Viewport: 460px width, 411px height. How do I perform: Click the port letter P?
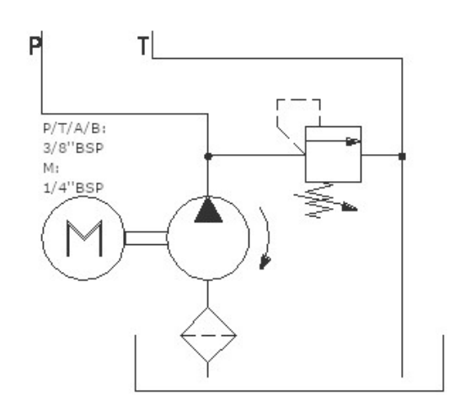click(35, 46)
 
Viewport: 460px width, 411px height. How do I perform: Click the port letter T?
click(143, 45)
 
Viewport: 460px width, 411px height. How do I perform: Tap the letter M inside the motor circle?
click(84, 238)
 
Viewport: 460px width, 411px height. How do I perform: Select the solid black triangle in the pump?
click(208, 211)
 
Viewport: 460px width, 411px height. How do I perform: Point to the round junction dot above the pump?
click(208, 157)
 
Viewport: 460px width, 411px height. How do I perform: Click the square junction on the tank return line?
click(402, 157)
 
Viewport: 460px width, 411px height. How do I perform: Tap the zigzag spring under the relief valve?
click(319, 200)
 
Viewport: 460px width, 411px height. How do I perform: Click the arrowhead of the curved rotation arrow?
click(265, 262)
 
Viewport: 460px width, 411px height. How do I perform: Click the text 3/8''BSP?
click(73, 148)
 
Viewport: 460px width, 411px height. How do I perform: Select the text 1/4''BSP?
click(73, 188)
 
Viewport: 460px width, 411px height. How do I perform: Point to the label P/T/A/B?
click(74, 129)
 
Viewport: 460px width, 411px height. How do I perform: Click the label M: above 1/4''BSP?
click(51, 168)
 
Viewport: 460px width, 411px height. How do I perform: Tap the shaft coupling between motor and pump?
click(146, 238)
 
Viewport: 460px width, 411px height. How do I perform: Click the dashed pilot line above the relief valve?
click(298, 100)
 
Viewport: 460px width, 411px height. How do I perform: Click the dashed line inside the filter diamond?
click(208, 335)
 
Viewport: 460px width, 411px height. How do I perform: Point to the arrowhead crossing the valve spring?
click(350, 207)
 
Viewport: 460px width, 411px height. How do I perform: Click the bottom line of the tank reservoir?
click(289, 391)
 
